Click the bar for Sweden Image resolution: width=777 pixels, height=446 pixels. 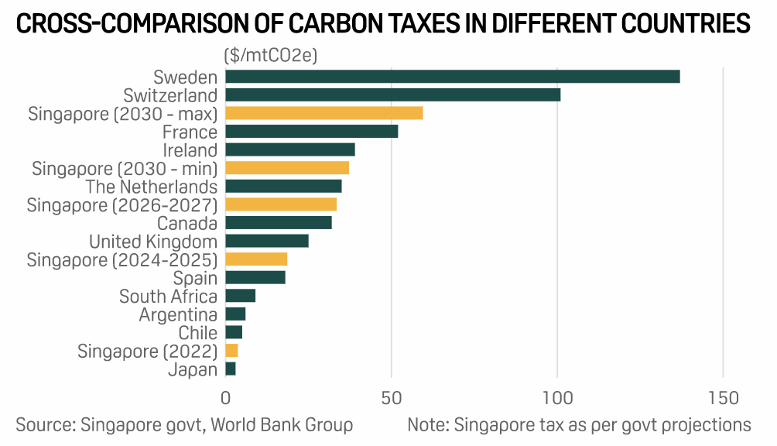click(452, 77)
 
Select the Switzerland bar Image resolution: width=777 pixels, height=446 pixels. click(392, 95)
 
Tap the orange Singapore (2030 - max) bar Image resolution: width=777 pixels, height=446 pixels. click(323, 113)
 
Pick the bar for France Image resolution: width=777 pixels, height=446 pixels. click(311, 132)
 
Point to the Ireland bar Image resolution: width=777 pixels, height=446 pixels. click(289, 149)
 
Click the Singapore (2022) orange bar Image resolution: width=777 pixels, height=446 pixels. click(231, 351)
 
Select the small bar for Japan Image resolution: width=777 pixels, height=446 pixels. click(231, 369)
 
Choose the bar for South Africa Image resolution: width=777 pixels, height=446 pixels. click(240, 296)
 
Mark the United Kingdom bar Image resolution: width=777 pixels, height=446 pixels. click(266, 241)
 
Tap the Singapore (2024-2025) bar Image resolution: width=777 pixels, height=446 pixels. click(256, 259)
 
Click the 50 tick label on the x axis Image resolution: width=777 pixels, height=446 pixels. click(392, 398)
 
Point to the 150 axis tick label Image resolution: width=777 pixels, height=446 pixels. click(723, 398)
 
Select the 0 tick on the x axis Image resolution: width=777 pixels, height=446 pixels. click(225, 398)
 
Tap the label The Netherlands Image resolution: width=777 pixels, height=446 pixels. click(152, 187)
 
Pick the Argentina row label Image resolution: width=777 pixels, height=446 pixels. click(178, 314)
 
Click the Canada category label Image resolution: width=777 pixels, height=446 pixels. click(187, 223)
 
